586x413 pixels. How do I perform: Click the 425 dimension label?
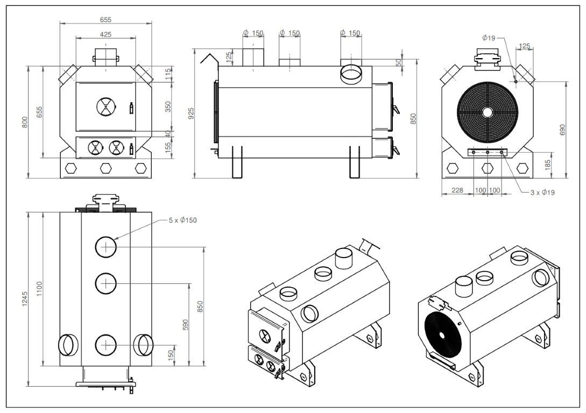(x=106, y=34)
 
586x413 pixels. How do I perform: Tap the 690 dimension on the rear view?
(x=563, y=129)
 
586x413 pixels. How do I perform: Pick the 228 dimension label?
(x=457, y=190)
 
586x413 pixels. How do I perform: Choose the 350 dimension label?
(x=167, y=107)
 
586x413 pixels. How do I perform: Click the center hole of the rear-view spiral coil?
(x=488, y=112)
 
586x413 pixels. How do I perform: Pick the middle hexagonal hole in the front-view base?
(x=105, y=168)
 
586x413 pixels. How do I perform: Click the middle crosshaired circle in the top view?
(x=107, y=283)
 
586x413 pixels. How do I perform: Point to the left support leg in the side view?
(x=237, y=161)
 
